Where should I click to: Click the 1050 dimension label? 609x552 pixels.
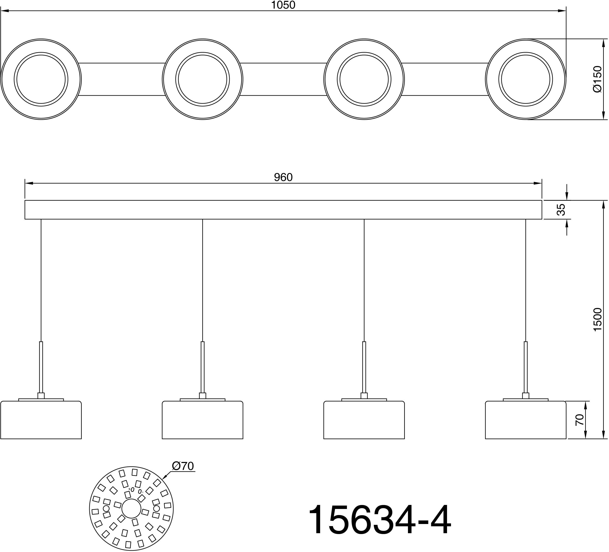coord(283,5)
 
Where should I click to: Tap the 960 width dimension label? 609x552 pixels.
coord(283,177)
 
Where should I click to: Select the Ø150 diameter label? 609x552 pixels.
coord(598,79)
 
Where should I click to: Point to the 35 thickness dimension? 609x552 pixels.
coord(561,210)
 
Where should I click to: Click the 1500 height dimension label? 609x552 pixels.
coord(598,319)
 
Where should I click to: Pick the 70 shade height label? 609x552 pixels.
coord(579,420)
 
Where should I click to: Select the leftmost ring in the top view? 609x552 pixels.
coord(41,79)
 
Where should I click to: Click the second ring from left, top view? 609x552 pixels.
coord(202,79)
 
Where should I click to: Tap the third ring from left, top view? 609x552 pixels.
coord(364,79)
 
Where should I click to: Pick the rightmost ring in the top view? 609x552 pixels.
coord(526,79)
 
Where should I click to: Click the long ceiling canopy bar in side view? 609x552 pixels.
coord(283,210)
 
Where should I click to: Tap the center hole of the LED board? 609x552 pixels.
coord(131,509)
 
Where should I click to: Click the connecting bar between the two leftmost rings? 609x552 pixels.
coord(122,79)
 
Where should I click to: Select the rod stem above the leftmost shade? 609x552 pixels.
coord(41,367)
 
